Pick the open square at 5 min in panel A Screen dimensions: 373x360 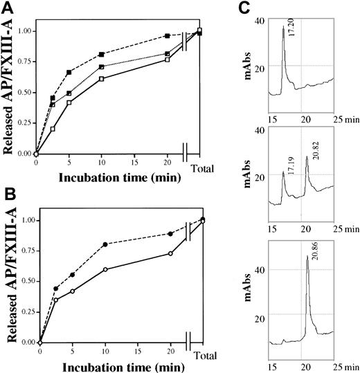(x=69, y=102)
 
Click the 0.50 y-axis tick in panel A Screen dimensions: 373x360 (x=24, y=92)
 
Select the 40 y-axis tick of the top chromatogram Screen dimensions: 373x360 (x=259, y=20)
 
